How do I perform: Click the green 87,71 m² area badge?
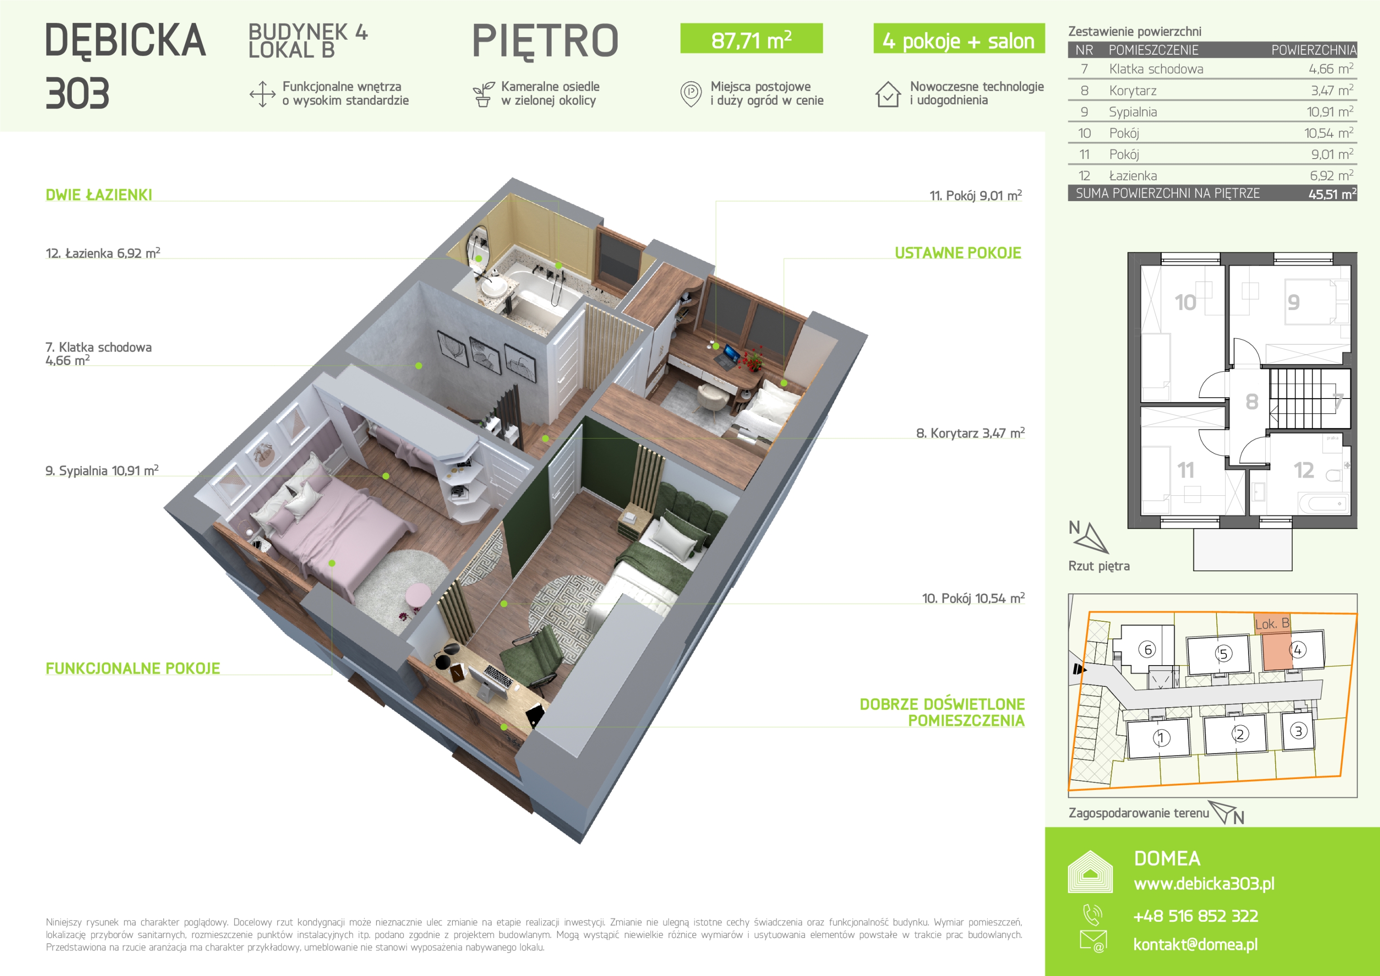click(x=751, y=38)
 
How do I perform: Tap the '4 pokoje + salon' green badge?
click(x=959, y=38)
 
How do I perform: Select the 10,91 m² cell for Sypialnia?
click(x=1329, y=112)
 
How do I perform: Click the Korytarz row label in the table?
click(x=1132, y=91)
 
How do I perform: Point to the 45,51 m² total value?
click(x=1333, y=193)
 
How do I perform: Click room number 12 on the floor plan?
click(x=1304, y=470)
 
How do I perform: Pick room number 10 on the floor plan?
click(x=1185, y=302)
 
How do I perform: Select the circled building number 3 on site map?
click(x=1298, y=731)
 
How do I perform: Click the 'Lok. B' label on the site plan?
click(x=1272, y=624)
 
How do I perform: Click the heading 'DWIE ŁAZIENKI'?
click(x=99, y=195)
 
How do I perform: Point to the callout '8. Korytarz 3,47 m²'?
click(x=970, y=433)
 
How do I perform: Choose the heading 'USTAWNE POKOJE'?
click(x=958, y=253)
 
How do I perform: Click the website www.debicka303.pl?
click(x=1204, y=883)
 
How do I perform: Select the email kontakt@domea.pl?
click(x=1196, y=944)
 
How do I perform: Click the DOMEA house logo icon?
click(x=1090, y=872)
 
